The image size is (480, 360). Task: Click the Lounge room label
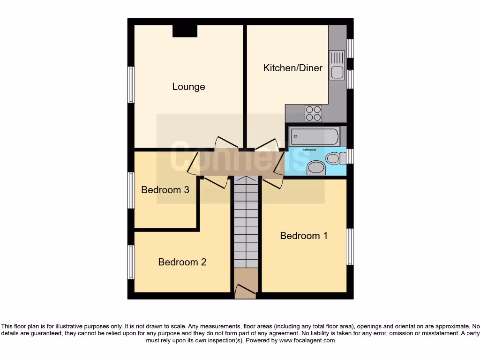coord(188,87)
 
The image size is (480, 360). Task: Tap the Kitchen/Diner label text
coord(293,68)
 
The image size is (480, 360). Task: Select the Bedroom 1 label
coord(304,236)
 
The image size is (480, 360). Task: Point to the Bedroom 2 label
coord(182,262)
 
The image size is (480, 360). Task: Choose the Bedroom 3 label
coord(165,190)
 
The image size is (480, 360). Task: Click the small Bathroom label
coord(309,150)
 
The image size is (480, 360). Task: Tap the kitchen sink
coord(337,66)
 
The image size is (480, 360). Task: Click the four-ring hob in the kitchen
coord(313,113)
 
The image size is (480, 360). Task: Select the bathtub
coord(315,137)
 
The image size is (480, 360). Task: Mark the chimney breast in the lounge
coord(185,30)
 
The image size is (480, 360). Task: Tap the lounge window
coord(131,85)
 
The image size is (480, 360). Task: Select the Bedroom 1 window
coord(350,247)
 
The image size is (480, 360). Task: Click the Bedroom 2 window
coord(131,262)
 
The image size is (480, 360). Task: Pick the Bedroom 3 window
coord(131,190)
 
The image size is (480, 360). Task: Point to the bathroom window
coord(350,157)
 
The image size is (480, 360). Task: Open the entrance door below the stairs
coord(245,291)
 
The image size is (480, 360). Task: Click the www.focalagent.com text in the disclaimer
coord(307,340)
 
